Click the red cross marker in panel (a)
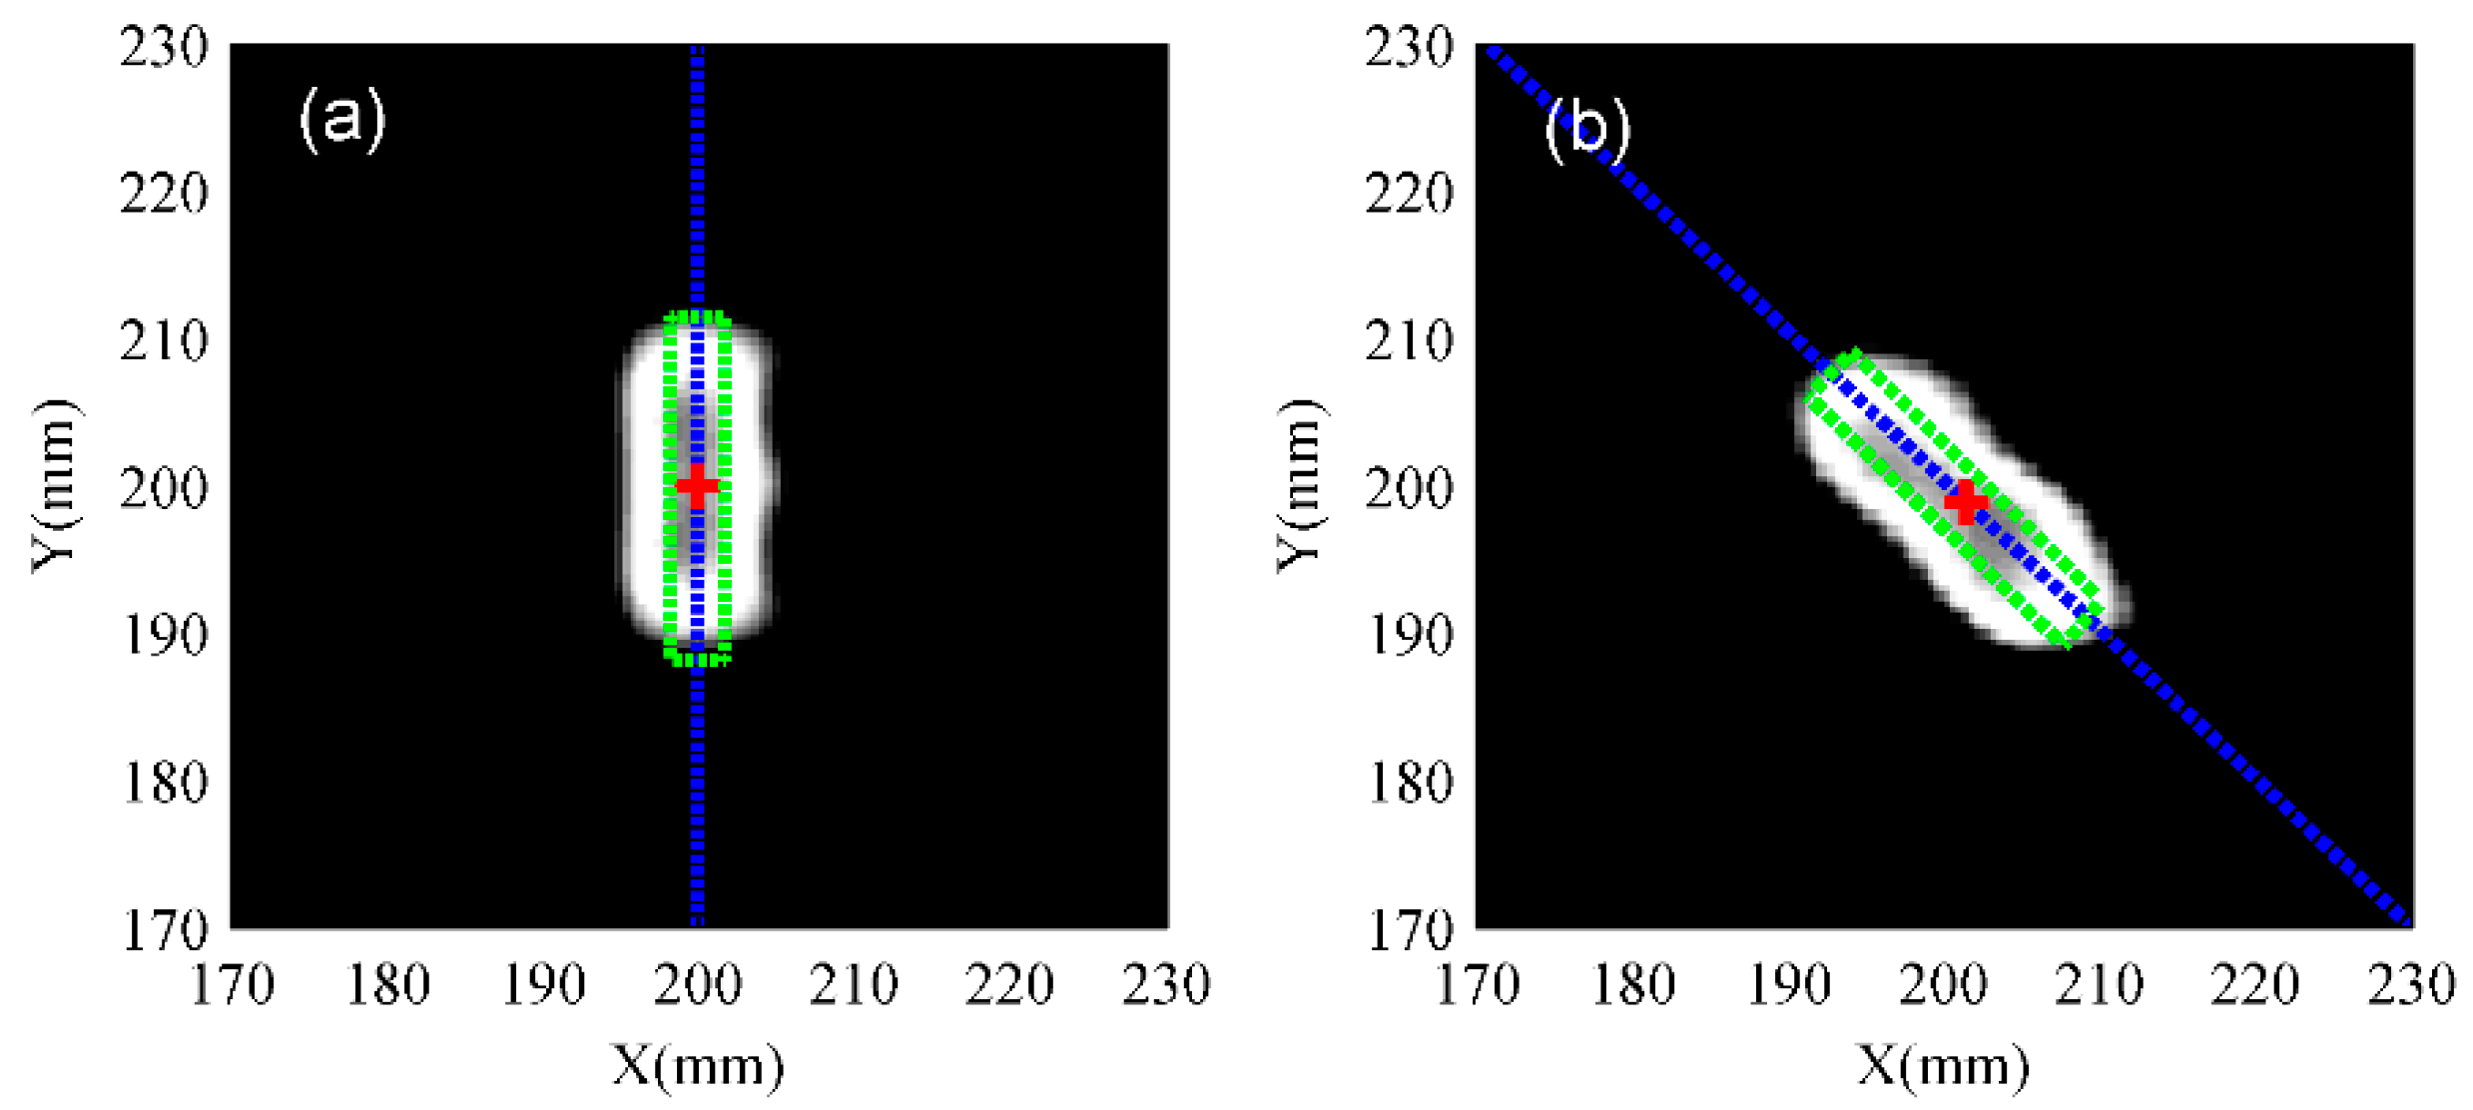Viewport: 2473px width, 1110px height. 697,486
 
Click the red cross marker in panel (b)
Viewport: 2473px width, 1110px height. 1966,501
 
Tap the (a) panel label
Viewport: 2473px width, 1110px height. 342,119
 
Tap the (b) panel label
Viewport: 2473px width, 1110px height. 1587,129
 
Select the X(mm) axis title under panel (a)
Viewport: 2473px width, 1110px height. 698,1066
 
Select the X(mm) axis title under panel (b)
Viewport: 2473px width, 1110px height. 1943,1066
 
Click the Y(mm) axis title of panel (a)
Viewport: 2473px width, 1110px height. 55,486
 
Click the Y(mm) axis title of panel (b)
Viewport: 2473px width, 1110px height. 1300,486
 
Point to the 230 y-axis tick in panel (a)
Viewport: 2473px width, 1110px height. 165,47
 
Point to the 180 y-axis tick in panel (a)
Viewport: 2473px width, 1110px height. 165,783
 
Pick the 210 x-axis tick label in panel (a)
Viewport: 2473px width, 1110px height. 854,985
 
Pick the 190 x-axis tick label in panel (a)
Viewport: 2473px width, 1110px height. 542,985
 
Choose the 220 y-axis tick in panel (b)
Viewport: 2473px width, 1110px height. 1409,194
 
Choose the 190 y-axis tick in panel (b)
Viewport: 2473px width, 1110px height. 1409,635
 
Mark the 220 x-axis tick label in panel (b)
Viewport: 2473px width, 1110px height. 2255,985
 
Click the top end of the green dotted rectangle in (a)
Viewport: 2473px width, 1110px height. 697,316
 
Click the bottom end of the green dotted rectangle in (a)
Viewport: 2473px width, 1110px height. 697,657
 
